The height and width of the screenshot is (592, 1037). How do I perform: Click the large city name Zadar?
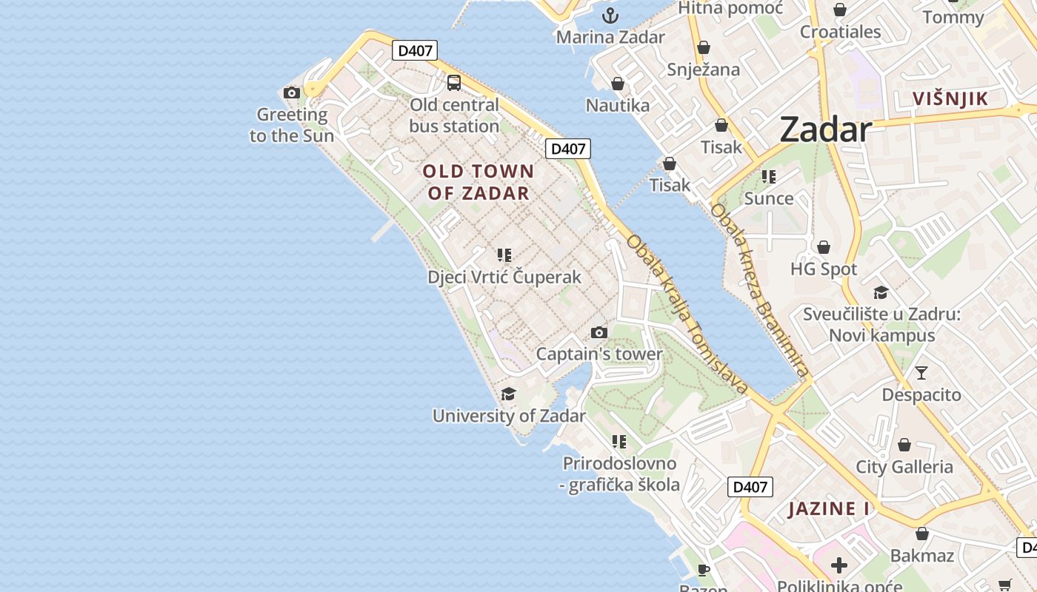click(x=825, y=129)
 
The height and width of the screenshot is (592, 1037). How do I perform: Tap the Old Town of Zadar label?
click(x=478, y=182)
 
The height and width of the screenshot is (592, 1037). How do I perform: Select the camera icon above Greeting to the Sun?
click(x=292, y=92)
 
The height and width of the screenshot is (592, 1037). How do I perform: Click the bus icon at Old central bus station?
click(x=454, y=83)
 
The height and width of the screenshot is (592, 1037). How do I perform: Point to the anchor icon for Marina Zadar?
click(x=610, y=16)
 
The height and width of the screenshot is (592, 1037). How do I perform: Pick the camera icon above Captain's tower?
click(x=599, y=332)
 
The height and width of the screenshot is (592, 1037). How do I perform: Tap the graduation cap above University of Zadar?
click(x=508, y=394)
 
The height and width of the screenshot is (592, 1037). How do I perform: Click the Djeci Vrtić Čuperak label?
click(x=504, y=277)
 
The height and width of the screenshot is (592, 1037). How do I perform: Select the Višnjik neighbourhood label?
click(x=950, y=98)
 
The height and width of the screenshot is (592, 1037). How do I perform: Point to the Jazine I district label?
click(x=828, y=508)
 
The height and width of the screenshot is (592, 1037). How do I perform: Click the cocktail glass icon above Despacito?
click(x=921, y=372)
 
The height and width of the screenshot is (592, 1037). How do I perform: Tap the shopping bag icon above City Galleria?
click(x=904, y=445)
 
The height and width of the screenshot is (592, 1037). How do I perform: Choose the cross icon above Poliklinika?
click(x=838, y=566)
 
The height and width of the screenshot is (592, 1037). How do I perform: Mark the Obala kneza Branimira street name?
click(x=758, y=289)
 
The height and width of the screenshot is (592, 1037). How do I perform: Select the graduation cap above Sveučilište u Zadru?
click(x=881, y=292)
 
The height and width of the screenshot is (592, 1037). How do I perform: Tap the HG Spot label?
click(x=824, y=269)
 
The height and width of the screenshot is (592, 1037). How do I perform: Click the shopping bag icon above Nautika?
click(x=617, y=84)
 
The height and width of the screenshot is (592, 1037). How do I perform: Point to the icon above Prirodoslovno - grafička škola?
click(x=619, y=442)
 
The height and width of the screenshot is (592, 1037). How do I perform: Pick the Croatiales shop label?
click(x=840, y=32)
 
